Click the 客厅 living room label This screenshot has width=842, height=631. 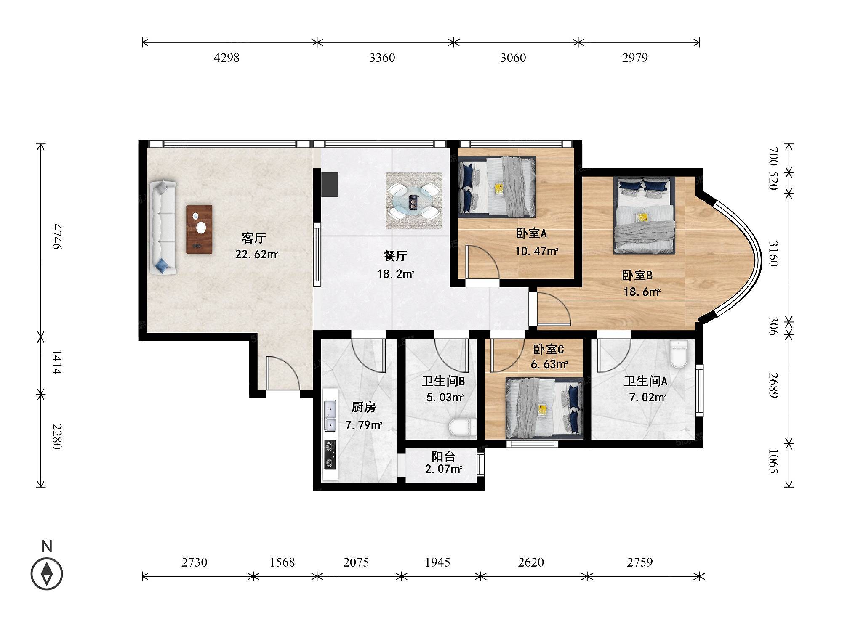pos(254,238)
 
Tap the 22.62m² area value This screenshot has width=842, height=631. pos(257,254)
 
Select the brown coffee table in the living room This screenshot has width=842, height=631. pos(199,229)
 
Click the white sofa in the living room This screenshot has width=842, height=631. pos(163,228)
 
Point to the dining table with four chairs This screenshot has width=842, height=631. pos(414,201)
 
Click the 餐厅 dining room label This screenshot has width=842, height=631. pos(395,256)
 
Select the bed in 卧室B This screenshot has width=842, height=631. pos(644,215)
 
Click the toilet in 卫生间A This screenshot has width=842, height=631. pos(679,354)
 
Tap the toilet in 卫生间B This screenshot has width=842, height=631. pos(462,427)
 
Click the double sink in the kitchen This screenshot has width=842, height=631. pos(330,416)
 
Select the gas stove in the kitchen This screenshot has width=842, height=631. pos(330,455)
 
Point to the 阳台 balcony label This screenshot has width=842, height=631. pos(443,456)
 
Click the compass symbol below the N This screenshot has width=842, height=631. pos(47,574)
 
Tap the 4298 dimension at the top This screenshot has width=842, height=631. pos(226,58)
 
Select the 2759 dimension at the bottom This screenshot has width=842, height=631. pos(640,562)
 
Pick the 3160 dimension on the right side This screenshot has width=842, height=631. pos(773,254)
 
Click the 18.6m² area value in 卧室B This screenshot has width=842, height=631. pos(642,292)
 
